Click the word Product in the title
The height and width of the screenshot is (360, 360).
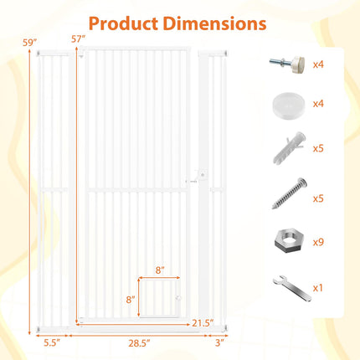123,23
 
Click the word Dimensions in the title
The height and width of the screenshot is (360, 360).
214,23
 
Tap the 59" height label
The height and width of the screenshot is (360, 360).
30,43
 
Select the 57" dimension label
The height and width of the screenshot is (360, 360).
78,39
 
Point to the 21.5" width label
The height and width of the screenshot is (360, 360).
203,323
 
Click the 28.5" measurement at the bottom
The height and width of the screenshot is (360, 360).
139,343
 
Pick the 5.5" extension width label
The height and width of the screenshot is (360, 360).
52,342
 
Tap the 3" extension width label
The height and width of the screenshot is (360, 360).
219,343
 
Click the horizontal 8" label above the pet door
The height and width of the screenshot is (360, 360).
160,270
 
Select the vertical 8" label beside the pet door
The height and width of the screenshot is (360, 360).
131,300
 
